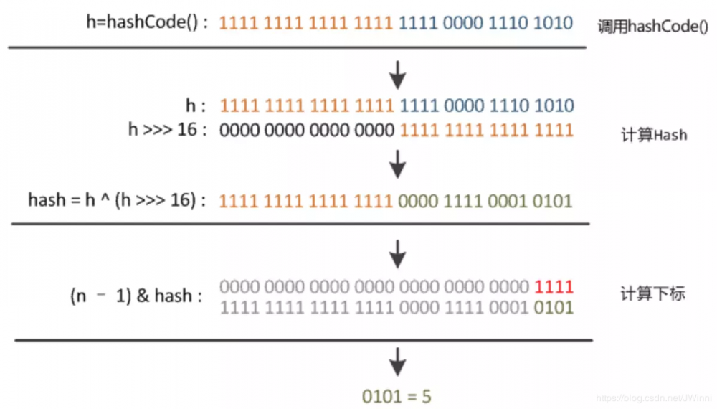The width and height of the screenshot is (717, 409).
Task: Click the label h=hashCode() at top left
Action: [147, 22]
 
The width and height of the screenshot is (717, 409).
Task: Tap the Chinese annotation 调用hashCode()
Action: [653, 27]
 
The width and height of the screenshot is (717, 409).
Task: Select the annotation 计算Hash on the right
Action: [654, 135]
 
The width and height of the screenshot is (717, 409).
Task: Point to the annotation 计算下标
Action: [653, 293]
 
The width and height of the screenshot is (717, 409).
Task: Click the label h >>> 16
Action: [167, 129]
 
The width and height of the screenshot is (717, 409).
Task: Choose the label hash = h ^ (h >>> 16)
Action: [117, 200]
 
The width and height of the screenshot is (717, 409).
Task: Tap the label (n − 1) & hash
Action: [136, 296]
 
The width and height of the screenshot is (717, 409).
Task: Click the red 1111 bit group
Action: [554, 287]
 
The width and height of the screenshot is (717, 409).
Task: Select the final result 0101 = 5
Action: [397, 396]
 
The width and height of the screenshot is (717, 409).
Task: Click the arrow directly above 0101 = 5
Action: [398, 362]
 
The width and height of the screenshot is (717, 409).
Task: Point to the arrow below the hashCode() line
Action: [398, 75]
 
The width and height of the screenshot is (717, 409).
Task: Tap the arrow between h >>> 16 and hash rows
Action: [398, 164]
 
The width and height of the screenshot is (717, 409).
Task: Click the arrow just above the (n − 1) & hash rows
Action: [398, 254]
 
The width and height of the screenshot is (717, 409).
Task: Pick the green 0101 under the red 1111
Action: [554, 307]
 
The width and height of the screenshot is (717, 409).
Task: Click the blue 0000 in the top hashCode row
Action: [462, 22]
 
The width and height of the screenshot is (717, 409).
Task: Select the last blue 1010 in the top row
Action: [554, 22]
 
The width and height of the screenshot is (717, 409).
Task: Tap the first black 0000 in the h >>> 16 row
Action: [239, 130]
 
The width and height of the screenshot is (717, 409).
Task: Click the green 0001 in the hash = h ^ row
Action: [507, 201]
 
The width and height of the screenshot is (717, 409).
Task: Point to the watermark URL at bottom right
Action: [654, 398]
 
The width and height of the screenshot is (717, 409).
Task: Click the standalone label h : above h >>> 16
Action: [196, 105]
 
